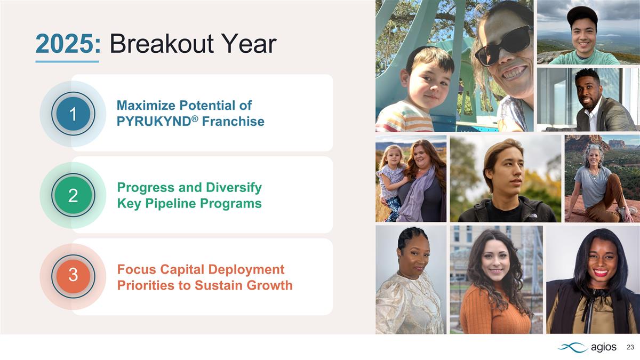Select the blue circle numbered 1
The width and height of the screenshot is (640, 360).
coord(73,114)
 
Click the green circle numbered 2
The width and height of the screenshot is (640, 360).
coord(73,196)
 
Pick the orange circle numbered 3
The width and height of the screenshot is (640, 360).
coord(73,276)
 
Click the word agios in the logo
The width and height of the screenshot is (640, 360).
coord(604,348)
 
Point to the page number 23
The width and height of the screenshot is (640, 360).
coord(630,348)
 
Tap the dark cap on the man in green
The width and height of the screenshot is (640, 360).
coord(582,13)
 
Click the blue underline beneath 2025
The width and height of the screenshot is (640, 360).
coord(67,61)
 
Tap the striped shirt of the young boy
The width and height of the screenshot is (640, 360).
coord(405,120)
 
